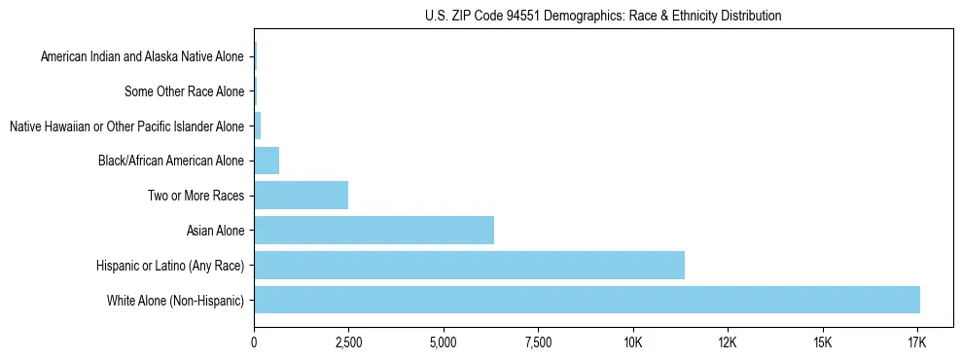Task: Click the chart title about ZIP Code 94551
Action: pos(603,16)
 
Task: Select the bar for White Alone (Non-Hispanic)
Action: pos(587,300)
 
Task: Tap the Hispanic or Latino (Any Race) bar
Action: pos(469,265)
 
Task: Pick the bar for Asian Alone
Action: pos(374,230)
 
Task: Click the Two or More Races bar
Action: pos(301,195)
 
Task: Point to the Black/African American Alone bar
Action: pos(267,161)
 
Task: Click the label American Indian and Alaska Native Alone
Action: pos(143,56)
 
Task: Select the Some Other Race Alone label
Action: pos(185,91)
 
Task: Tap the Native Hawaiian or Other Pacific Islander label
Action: pos(126,126)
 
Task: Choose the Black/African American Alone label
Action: pos(171,161)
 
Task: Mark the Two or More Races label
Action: pos(196,196)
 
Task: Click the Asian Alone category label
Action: pos(215,231)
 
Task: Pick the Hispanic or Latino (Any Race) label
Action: pos(170,265)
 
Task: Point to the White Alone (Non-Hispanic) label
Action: pos(176,300)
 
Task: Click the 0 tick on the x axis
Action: pos(254,342)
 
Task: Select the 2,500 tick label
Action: pos(348,342)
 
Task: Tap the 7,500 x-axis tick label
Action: pos(538,342)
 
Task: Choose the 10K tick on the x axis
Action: pos(633,342)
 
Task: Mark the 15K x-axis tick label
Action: pos(823,342)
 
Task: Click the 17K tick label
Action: pos(917,342)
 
